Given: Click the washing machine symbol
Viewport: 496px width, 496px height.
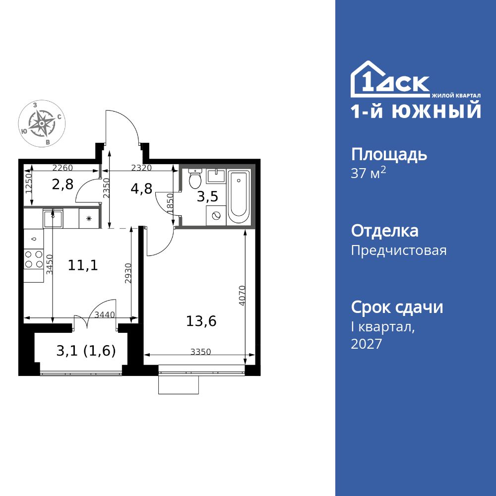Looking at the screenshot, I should [216, 216].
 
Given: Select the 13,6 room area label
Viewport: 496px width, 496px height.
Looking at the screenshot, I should [201, 321].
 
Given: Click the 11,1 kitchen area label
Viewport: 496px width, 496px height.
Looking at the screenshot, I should [83, 265].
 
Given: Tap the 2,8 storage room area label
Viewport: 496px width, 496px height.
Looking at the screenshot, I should [62, 185].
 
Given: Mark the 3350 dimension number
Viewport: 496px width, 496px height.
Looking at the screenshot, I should [201, 352].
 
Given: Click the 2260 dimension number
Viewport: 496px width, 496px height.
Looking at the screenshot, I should [63, 168].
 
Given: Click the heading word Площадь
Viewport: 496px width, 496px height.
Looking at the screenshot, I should [389, 155].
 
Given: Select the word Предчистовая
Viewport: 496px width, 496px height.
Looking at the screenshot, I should [399, 250].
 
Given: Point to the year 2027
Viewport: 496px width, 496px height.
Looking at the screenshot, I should [367, 344].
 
